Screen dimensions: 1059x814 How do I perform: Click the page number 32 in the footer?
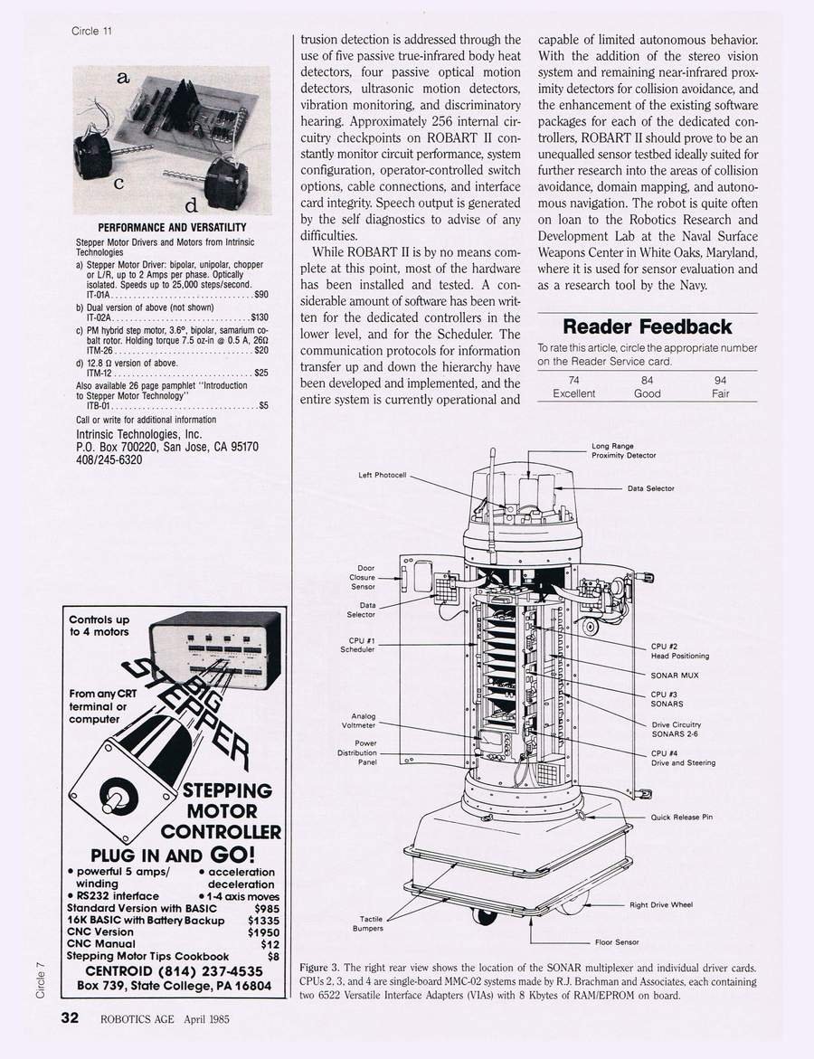coord(70,1017)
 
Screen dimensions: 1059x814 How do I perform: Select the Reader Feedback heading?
coord(647,326)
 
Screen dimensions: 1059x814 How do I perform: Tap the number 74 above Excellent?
coord(573,381)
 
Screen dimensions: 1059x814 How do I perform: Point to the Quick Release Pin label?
coord(682,818)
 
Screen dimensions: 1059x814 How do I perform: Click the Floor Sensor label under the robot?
coord(617,942)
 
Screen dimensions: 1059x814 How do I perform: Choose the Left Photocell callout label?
coord(383,475)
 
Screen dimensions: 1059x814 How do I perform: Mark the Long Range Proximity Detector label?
coord(623,450)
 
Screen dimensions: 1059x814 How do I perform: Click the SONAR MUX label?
coord(675,676)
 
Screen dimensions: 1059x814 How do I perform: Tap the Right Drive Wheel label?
coord(660,904)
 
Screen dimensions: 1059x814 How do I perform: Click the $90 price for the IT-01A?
coord(260,294)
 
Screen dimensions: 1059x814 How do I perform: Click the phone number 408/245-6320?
coord(109,459)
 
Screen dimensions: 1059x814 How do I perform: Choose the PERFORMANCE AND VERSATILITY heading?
coord(172,227)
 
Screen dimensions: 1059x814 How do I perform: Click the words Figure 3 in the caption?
coord(319,967)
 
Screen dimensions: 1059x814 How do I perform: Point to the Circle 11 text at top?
coord(91,31)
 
